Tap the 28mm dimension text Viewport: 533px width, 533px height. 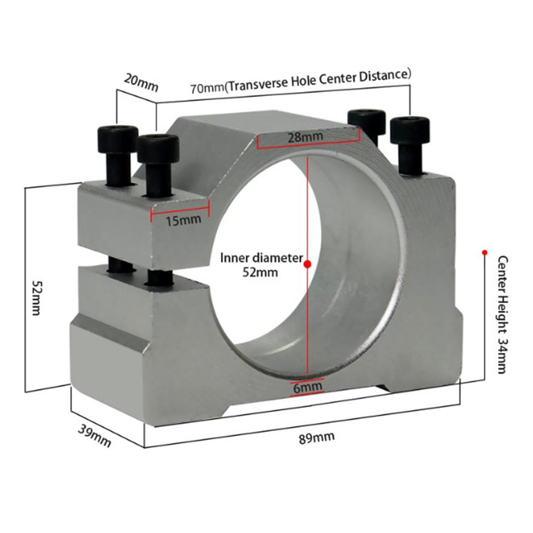tap(305, 137)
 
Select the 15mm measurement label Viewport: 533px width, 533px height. tap(183, 220)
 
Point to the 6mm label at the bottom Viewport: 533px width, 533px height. tap(307, 387)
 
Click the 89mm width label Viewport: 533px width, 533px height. tap(317, 437)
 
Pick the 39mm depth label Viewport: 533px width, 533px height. tap(95, 436)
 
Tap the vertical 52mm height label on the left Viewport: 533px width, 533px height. tap(36, 298)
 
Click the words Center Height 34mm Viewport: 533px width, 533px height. tap(502, 314)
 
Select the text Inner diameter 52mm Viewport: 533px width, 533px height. tap(261, 265)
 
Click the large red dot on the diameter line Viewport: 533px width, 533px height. tap(307, 264)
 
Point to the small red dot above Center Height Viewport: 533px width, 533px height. tap(485, 252)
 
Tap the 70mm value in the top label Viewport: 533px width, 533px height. tap(207, 87)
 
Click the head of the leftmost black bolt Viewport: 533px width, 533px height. tap(118, 139)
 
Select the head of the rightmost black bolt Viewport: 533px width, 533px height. tap(410, 130)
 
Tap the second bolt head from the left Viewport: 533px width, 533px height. tap(158, 148)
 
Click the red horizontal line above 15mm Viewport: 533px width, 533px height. tap(180, 209)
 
